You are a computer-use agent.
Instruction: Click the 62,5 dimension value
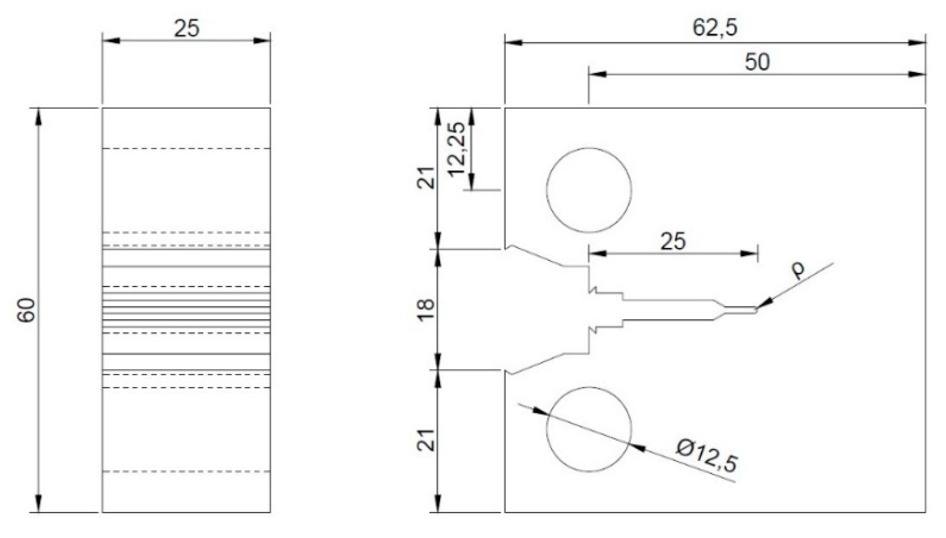pyautogui.click(x=715, y=28)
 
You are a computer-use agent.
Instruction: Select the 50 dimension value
pyautogui.click(x=757, y=62)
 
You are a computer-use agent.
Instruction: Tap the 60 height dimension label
pyautogui.click(x=27, y=310)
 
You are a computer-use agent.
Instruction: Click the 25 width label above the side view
pyautogui.click(x=187, y=29)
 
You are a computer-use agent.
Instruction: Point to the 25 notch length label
pyautogui.click(x=673, y=242)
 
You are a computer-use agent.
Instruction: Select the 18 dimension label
pyautogui.click(x=426, y=310)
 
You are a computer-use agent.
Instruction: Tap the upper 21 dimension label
pyautogui.click(x=426, y=178)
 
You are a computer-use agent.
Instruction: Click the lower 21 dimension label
pyautogui.click(x=426, y=440)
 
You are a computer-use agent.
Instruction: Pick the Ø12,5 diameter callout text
pyautogui.click(x=707, y=456)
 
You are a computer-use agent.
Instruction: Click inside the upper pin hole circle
pyautogui.click(x=589, y=190)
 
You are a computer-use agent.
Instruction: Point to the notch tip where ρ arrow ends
pyautogui.click(x=756, y=310)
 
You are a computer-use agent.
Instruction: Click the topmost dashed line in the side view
pyautogui.click(x=186, y=149)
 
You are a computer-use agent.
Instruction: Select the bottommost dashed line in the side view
pyautogui.click(x=186, y=472)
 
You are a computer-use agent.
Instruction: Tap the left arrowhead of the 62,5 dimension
pyautogui.click(x=513, y=43)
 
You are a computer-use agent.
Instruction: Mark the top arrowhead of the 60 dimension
pyautogui.click(x=39, y=116)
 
